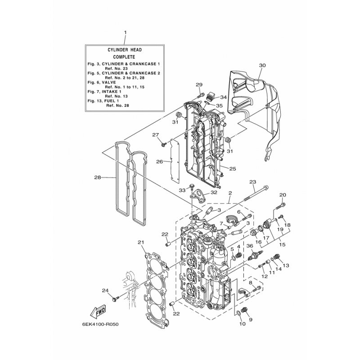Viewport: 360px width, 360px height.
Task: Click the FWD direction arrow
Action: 98,311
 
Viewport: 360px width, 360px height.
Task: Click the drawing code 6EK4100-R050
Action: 101,324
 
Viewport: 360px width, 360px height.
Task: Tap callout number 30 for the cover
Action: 262,65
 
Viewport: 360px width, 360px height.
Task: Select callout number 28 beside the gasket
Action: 98,177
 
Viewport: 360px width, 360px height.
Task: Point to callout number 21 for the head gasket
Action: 141,242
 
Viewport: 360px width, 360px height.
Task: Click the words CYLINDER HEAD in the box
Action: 125,50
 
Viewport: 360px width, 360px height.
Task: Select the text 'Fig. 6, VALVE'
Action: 102,82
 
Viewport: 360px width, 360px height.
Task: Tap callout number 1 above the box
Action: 125,32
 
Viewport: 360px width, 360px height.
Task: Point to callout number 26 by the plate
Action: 159,162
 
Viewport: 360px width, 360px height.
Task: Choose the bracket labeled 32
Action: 199,196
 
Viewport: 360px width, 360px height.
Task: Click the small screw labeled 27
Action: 164,144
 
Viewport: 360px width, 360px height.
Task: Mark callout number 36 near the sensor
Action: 250,246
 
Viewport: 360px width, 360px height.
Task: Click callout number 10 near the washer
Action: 243,324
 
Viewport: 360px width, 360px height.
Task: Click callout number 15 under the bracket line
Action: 282,245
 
